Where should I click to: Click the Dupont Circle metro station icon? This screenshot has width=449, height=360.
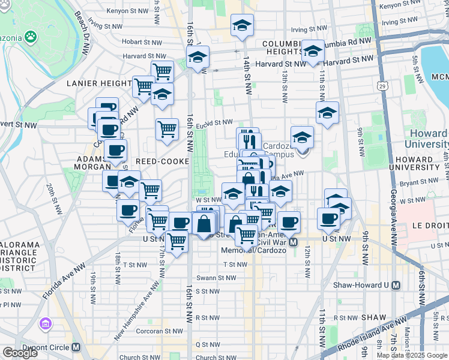[x=76, y=347]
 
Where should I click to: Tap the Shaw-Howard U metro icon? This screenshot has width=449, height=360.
[x=396, y=287]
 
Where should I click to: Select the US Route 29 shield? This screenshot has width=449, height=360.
[x=382, y=87]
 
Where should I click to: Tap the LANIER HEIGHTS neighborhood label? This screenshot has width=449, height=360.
[x=99, y=83]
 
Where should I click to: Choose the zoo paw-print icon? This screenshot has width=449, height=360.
[x=30, y=37]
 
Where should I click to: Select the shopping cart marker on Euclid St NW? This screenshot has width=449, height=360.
[x=167, y=128]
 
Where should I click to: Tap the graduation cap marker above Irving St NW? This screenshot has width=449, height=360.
[x=242, y=25]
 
